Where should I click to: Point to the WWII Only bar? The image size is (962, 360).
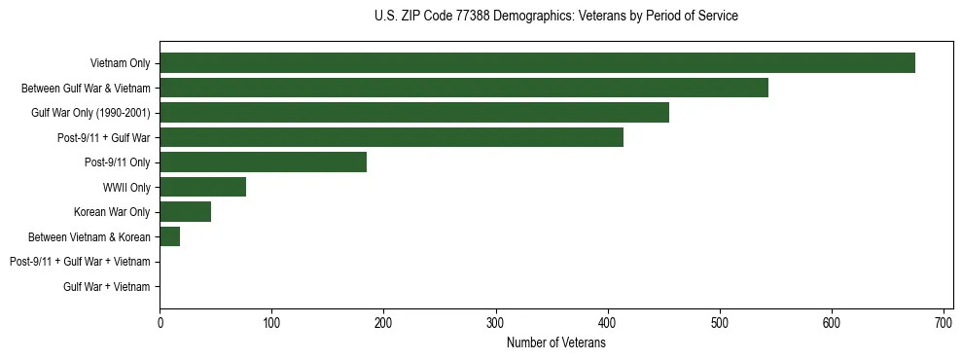point(202,187)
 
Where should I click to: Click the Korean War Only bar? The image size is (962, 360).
point(185,212)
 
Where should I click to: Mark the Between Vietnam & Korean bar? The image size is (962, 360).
point(169,236)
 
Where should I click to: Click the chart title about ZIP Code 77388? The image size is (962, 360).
point(555,17)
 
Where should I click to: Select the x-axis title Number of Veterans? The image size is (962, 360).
point(555,343)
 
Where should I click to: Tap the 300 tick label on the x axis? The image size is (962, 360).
point(495,322)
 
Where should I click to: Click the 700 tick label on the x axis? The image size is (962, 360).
point(944,322)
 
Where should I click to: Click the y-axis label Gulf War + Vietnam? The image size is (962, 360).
point(106,287)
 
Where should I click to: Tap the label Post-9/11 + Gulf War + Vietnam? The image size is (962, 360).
point(80,262)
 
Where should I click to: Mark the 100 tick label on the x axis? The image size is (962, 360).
point(271,322)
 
